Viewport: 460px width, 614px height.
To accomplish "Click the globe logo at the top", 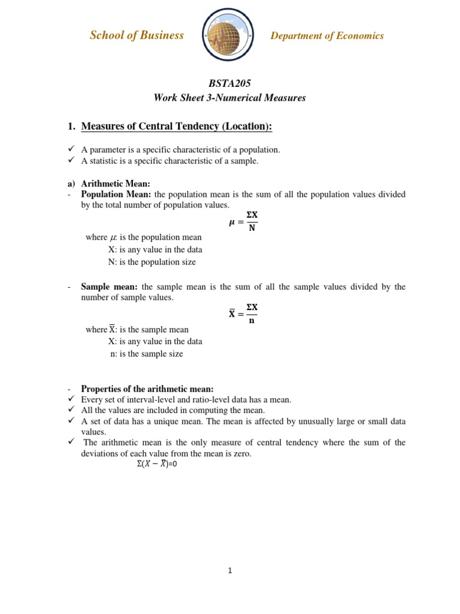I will tap(228, 35).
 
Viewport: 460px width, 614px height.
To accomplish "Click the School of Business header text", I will tap(137, 35).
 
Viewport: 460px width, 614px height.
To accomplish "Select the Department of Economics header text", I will tap(327, 36).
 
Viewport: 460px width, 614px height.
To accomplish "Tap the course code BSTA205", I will tap(229, 83).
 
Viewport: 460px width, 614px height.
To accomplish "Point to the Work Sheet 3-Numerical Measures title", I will tap(229, 98).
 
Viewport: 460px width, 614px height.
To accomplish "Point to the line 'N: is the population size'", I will tap(152, 262).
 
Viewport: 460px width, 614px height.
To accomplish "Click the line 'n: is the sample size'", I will tap(146, 354).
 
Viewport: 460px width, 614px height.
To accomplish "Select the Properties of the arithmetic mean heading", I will tap(147, 389).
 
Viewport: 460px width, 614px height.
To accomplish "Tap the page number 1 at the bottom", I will tap(229, 571).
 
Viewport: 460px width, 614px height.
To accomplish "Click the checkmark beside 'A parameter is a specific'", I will tap(71, 149).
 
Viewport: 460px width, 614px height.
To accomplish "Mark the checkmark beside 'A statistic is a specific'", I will tap(71, 160).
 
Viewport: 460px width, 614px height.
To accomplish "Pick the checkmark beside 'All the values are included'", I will tap(71, 410).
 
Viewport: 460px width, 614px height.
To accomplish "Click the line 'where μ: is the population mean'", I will tap(144, 237).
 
